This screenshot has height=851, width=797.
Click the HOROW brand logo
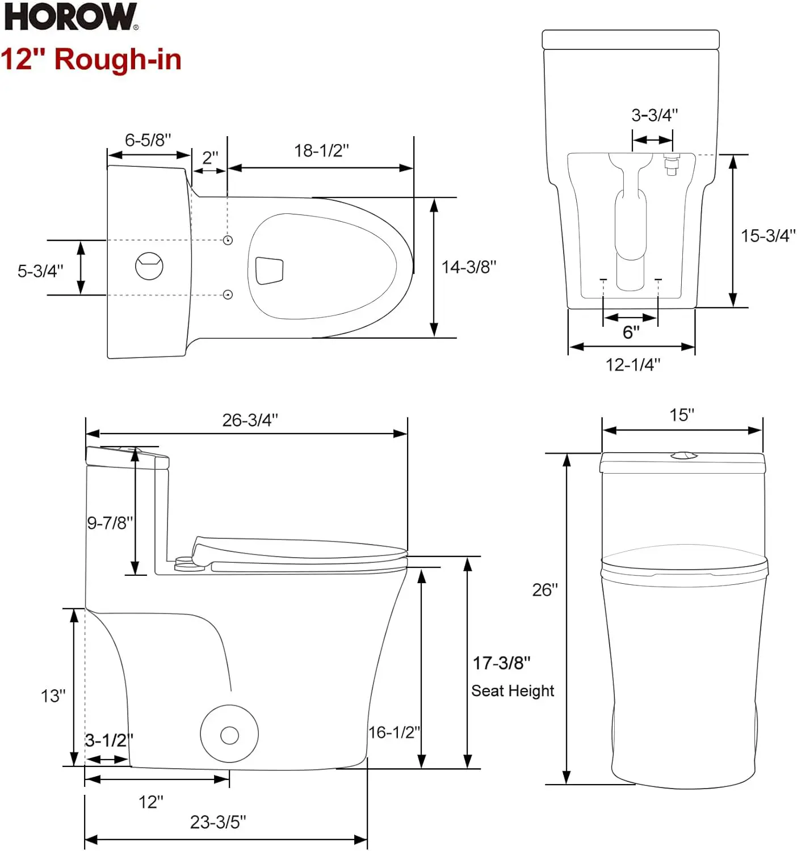(70, 16)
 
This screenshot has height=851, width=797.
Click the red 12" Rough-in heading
(91, 59)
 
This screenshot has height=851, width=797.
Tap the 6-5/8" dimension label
(148, 140)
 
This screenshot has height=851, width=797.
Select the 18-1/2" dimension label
(321, 150)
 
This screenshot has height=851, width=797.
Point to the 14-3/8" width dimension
(469, 267)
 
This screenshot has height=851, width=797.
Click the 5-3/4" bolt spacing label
(40, 271)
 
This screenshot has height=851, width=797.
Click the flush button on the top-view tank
(149, 266)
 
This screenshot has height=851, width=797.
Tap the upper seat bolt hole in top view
(228, 240)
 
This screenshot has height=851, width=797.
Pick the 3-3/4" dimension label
(654, 115)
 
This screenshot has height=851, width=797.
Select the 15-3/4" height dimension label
(767, 235)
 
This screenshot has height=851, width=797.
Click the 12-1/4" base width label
(632, 364)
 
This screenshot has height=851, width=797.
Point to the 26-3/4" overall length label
(250, 420)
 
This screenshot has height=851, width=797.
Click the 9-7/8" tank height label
(110, 523)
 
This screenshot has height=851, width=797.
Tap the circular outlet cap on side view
(229, 735)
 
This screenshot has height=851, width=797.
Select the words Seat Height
(512, 690)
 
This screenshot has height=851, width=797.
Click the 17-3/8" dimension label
(501, 663)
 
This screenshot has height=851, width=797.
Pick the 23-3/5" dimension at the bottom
(218, 821)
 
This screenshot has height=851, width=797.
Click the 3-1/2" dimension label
(108, 740)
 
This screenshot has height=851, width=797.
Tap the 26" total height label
(544, 590)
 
